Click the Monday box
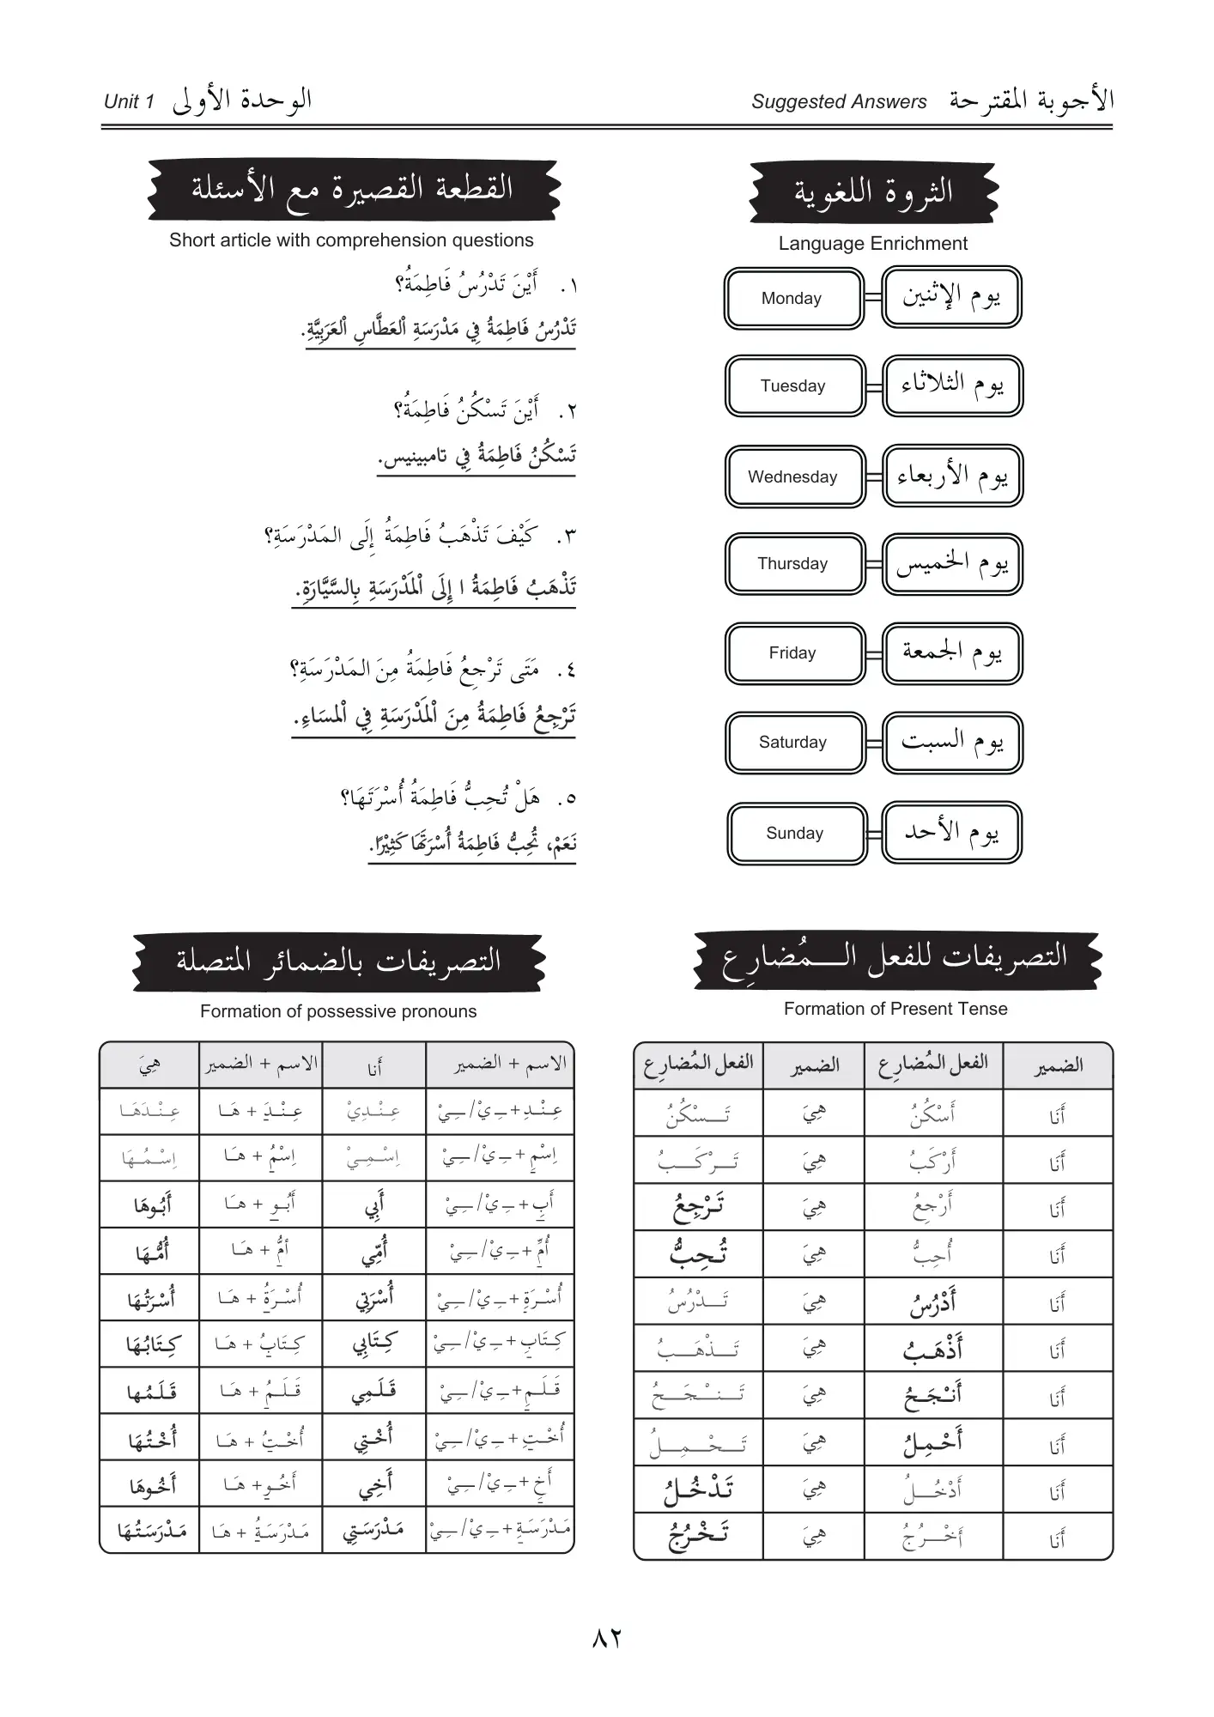[x=792, y=299]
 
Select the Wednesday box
[x=794, y=476]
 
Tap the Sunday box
[x=796, y=833]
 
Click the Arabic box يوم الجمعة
[x=951, y=653]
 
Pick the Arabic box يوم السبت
[x=951, y=743]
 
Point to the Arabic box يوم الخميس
[x=951, y=564]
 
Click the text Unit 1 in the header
[x=129, y=101]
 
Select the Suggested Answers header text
[x=839, y=101]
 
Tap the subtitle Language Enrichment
[x=872, y=244]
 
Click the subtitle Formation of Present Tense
[x=895, y=1009]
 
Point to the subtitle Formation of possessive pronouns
[x=338, y=1011]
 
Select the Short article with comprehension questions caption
[x=351, y=240]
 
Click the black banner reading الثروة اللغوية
[x=872, y=192]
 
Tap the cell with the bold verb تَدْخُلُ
[x=698, y=1488]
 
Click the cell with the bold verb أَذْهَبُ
[x=932, y=1350]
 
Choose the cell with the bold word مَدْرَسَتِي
[x=373, y=1531]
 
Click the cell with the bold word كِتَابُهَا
[x=150, y=1344]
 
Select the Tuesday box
[x=794, y=386]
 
